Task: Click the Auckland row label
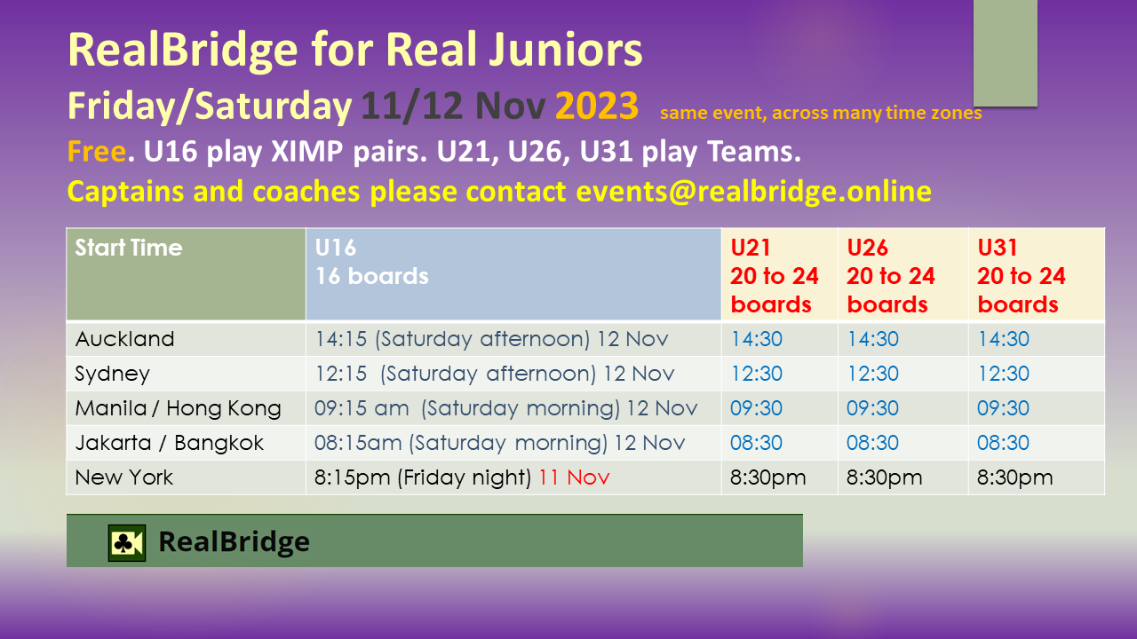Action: [x=124, y=339]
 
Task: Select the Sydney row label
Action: [x=112, y=375]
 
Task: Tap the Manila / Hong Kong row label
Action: [x=179, y=408]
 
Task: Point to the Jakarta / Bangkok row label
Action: [x=169, y=443]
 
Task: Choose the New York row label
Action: [x=123, y=477]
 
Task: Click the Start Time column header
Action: [x=129, y=248]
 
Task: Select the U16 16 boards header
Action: [x=371, y=262]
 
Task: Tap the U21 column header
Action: [x=774, y=276]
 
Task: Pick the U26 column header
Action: [x=890, y=276]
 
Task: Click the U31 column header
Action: [x=1021, y=276]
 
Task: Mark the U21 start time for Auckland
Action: [x=756, y=339]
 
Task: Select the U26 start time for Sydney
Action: [x=872, y=374]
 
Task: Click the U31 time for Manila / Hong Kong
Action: [x=1003, y=408]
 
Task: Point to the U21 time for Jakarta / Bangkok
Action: [x=756, y=443]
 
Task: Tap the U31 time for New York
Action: [x=1014, y=477]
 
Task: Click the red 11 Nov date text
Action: [x=574, y=477]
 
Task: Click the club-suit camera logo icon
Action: [x=127, y=542]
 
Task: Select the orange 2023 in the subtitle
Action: [x=596, y=106]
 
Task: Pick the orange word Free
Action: [x=97, y=151]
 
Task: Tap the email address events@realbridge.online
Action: [x=753, y=191]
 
